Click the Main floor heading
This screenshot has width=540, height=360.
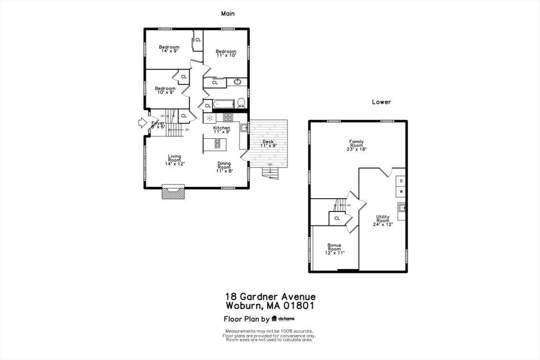click(228, 14)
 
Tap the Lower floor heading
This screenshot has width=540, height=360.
click(381, 102)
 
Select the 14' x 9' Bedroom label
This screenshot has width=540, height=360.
click(169, 49)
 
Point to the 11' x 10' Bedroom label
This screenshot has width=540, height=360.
click(226, 53)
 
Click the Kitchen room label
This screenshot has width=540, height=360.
click(221, 130)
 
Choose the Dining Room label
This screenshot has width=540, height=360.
click(225, 167)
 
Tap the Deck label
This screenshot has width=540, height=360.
click(268, 143)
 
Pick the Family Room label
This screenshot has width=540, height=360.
click(356, 145)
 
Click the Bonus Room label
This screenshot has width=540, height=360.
click(334, 249)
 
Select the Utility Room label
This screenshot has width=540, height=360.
click(383, 220)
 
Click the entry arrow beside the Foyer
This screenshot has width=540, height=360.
click(142, 123)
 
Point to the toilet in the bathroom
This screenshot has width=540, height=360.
click(241, 102)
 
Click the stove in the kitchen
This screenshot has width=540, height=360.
click(228, 117)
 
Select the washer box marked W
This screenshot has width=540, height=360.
click(401, 191)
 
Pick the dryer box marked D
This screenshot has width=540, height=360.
click(401, 181)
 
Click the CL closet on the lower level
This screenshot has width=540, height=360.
click(337, 218)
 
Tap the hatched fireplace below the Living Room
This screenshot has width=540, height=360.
click(173, 193)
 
